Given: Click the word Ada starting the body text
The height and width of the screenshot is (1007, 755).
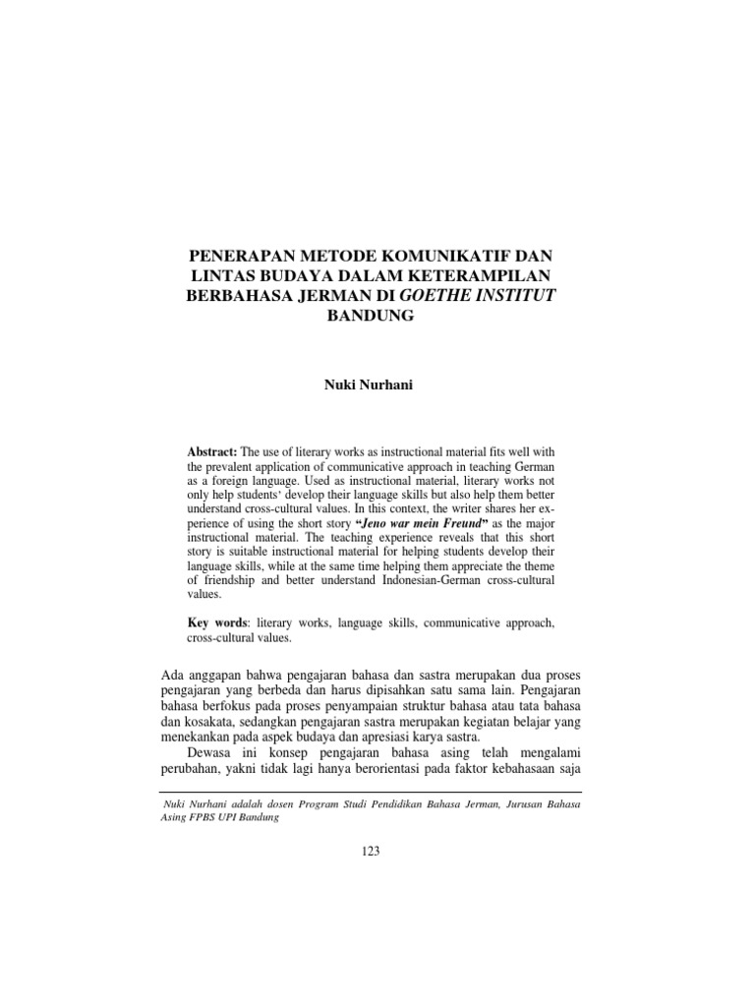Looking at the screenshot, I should (x=171, y=674).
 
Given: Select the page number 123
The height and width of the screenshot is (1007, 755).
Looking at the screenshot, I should (x=370, y=852).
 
